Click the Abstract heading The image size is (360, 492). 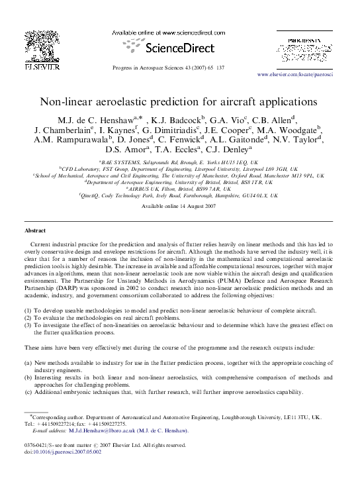[35, 230]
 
